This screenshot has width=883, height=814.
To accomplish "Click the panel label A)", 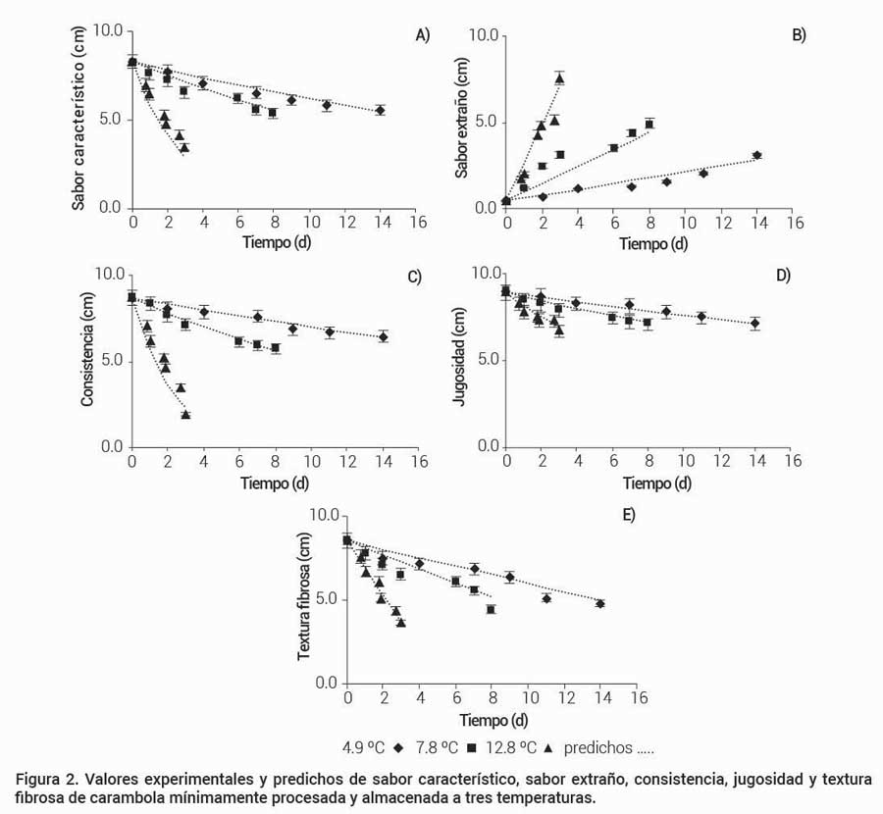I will pos(423,35).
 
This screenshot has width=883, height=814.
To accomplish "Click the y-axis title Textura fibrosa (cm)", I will pos(305,600).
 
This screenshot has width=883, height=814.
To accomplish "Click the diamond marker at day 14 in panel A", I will pos(381,111).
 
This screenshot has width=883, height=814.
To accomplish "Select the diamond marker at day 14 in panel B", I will pos(756,155).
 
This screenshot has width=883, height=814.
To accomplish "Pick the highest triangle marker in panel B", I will pos(560,78).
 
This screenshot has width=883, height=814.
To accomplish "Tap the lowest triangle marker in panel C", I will pos(185,415).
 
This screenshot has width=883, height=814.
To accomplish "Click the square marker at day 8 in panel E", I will pos(491,609).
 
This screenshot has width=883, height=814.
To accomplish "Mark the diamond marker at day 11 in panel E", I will pos(546,598).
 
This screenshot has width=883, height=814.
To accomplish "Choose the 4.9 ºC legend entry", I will pos(372,747).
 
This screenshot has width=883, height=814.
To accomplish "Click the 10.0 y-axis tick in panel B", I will pos(484,36).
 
